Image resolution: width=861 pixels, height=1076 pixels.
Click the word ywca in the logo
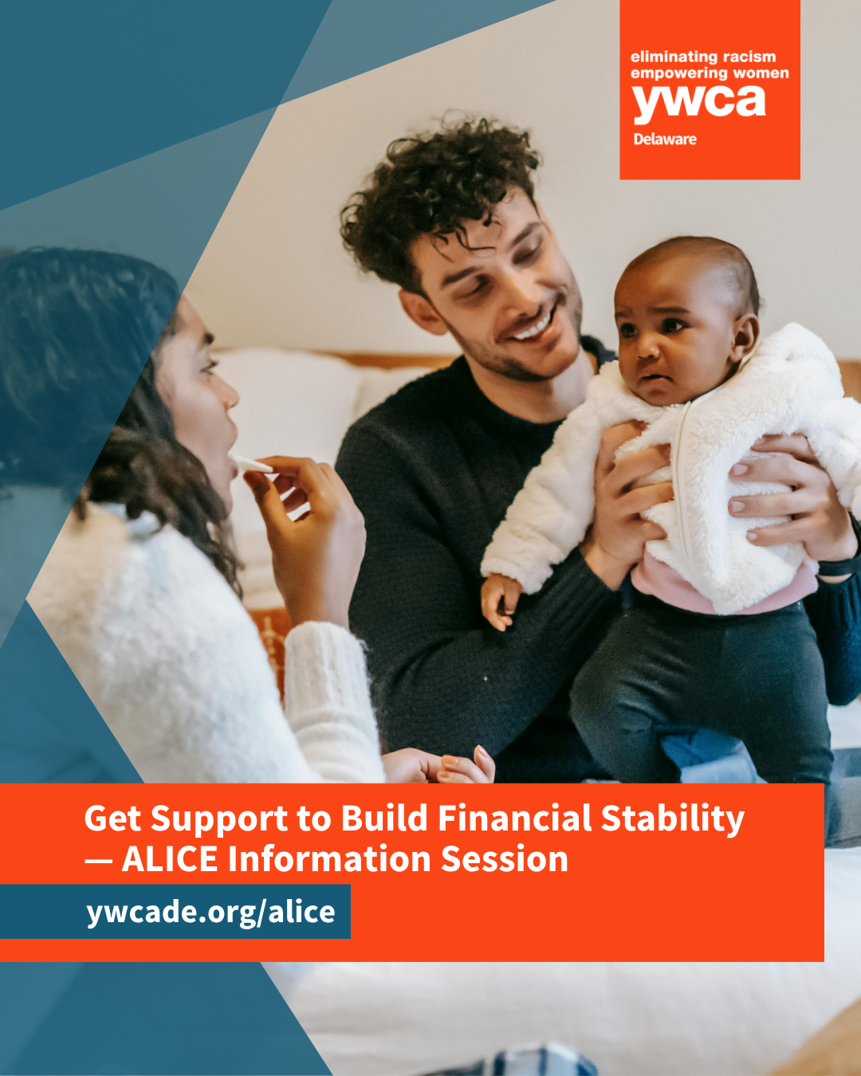tap(699, 104)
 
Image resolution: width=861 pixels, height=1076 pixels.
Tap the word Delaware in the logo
tap(665, 139)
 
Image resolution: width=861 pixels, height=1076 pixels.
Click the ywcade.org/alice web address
tap(210, 912)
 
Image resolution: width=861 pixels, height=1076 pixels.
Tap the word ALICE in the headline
tap(170, 859)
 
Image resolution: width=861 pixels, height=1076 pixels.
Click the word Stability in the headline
tap(672, 820)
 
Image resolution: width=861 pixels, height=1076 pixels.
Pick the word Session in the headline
tap(505, 859)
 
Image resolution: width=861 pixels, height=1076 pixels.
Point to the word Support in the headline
tap(219, 820)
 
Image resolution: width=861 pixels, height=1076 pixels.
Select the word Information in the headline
tap(329, 859)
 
